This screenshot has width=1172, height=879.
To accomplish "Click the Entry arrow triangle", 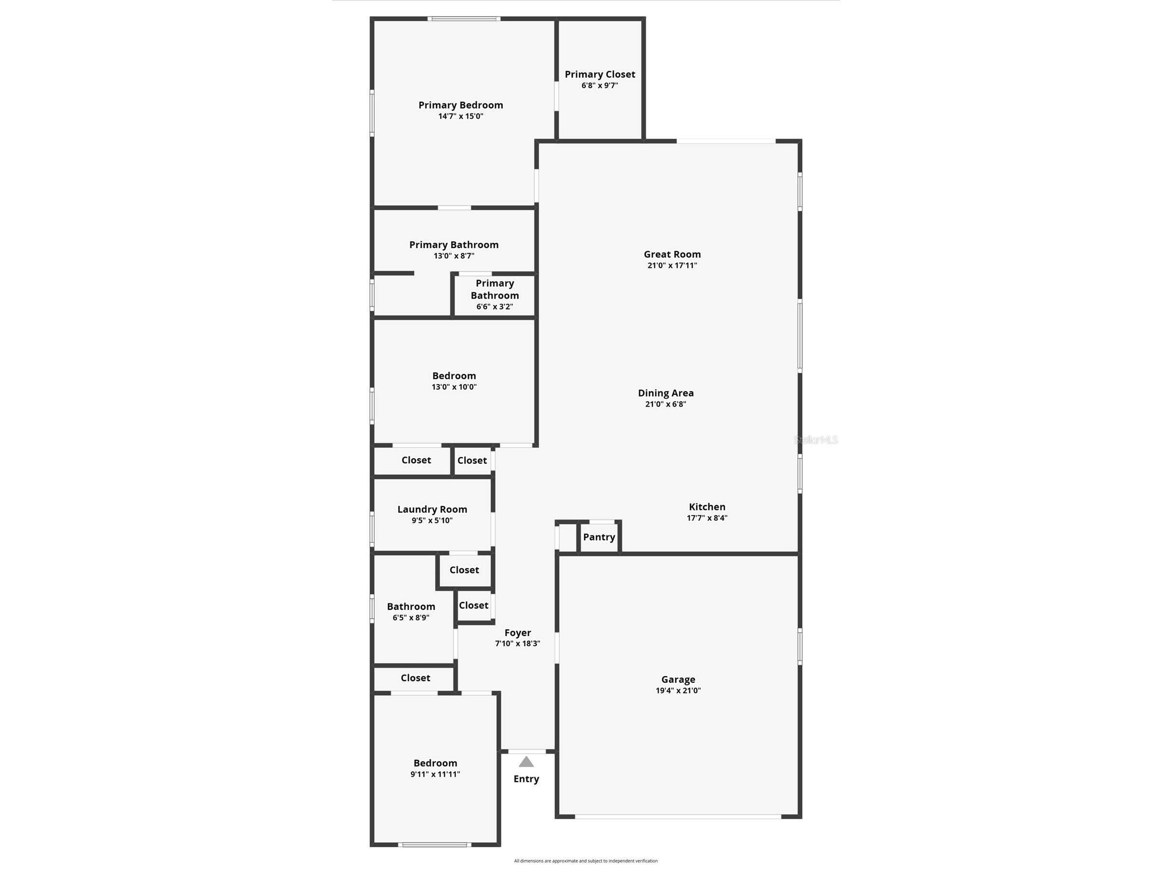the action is pyautogui.click(x=526, y=762).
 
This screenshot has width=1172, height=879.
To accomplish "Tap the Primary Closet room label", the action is pyautogui.click(x=600, y=74).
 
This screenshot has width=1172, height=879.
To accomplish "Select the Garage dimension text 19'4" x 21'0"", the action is pyautogui.click(x=678, y=690).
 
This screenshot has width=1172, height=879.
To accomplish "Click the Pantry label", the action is pyautogui.click(x=599, y=537).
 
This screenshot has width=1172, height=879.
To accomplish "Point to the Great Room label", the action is pyautogui.click(x=672, y=254).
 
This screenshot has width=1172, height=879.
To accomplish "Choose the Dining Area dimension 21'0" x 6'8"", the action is pyautogui.click(x=665, y=404).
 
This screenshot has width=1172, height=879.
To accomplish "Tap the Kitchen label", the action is pyautogui.click(x=707, y=507).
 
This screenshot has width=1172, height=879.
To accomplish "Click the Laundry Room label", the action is pyautogui.click(x=432, y=509).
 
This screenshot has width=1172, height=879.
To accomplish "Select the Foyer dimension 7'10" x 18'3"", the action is pyautogui.click(x=518, y=644).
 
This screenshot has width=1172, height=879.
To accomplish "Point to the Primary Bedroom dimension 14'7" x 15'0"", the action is pyautogui.click(x=461, y=117).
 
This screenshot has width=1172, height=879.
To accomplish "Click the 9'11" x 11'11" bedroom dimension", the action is pyautogui.click(x=436, y=774).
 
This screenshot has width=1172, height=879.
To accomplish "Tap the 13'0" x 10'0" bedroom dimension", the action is pyautogui.click(x=454, y=387).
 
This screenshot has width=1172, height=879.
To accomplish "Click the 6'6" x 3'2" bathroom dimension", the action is pyautogui.click(x=495, y=307).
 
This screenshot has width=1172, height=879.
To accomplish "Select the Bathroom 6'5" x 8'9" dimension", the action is pyautogui.click(x=411, y=618).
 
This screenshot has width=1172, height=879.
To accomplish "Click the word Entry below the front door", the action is pyautogui.click(x=526, y=779).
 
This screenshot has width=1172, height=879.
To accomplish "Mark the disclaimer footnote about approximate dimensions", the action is pyautogui.click(x=586, y=861).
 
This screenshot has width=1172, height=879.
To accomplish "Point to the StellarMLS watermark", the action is pyautogui.click(x=816, y=440).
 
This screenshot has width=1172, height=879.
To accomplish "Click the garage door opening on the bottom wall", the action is pyautogui.click(x=678, y=816).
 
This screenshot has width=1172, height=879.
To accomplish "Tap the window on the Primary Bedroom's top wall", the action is pyautogui.click(x=464, y=18).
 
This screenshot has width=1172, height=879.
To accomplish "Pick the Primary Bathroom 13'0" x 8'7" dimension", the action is pyautogui.click(x=454, y=256).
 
